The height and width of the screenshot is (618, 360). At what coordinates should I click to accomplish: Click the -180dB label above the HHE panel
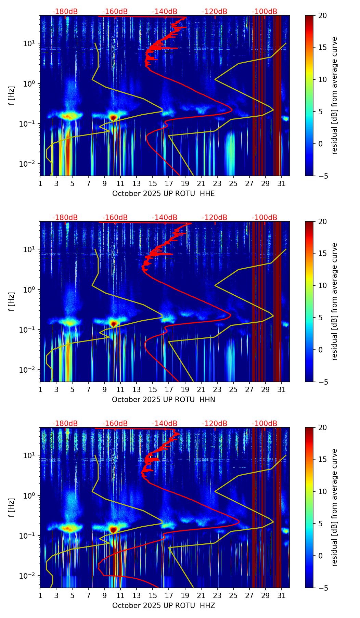pos(65,12)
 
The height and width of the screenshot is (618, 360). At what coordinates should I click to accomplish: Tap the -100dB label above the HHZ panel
pos(265,424)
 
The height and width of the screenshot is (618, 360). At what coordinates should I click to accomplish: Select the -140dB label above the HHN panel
pos(165,218)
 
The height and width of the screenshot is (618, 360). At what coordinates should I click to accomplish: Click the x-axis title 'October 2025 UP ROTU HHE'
pos(163,194)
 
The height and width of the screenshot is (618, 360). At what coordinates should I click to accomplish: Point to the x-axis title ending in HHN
pos(163,400)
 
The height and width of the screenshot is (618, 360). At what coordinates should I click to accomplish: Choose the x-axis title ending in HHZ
pos(163,606)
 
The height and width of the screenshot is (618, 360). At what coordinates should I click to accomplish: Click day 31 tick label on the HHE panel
pos(281,184)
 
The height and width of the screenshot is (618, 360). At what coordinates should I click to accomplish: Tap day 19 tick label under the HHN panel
pos(185,390)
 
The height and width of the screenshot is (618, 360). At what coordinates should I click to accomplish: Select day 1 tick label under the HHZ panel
pos(40,596)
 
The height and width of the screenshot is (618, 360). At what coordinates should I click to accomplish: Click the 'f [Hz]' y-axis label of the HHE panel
pos(12,95)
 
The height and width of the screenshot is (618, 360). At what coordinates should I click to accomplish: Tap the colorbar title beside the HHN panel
pos(335,301)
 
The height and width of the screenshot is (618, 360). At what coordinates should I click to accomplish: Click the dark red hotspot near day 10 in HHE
pos(114,117)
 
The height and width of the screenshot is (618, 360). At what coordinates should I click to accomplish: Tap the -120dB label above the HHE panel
pos(215,12)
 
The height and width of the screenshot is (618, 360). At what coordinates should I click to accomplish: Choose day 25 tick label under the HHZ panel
pos(233,596)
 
